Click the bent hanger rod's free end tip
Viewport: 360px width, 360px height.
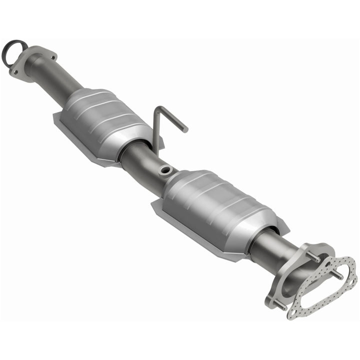point(185,129)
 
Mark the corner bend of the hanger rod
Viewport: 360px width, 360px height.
point(157,108)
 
